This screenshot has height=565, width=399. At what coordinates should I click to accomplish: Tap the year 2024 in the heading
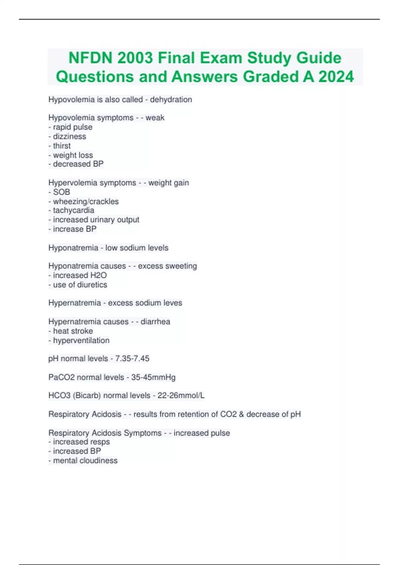click(x=336, y=77)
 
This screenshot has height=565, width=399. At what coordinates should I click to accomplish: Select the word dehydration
click(x=171, y=99)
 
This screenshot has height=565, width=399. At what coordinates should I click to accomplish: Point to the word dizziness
click(x=69, y=136)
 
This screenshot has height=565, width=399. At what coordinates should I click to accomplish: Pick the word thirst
click(x=62, y=146)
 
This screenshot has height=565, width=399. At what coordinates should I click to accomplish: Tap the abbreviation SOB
click(x=62, y=192)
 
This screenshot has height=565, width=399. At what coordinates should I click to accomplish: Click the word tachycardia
click(x=73, y=210)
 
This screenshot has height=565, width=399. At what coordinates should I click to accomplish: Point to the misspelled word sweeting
click(x=182, y=266)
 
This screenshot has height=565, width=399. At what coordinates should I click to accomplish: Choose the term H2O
click(x=98, y=275)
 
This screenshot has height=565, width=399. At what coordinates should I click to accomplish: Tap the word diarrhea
click(x=155, y=321)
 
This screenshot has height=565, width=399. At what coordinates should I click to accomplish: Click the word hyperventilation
click(x=81, y=340)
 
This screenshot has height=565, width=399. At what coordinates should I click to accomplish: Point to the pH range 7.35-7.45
click(x=132, y=359)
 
